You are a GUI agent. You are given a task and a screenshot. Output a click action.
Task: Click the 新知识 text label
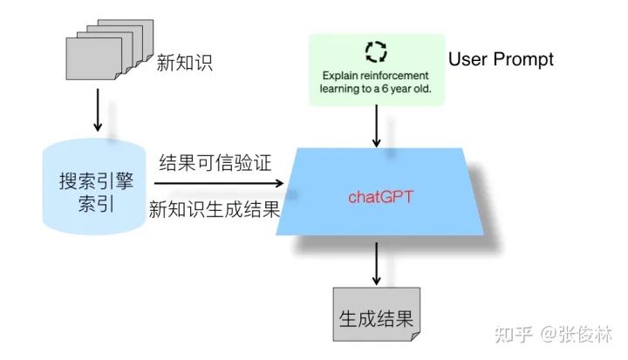185,63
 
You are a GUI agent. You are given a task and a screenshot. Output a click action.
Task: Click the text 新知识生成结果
213,210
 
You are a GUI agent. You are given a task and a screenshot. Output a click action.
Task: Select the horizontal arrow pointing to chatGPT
218,184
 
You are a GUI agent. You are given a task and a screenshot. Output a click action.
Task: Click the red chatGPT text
379,196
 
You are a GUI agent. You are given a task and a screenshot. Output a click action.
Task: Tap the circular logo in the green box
376,51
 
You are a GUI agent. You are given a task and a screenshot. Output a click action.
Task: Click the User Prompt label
501,59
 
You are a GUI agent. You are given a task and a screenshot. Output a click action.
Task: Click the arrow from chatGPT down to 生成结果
376,262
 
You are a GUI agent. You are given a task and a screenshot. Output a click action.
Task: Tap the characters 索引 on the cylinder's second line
93,209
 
